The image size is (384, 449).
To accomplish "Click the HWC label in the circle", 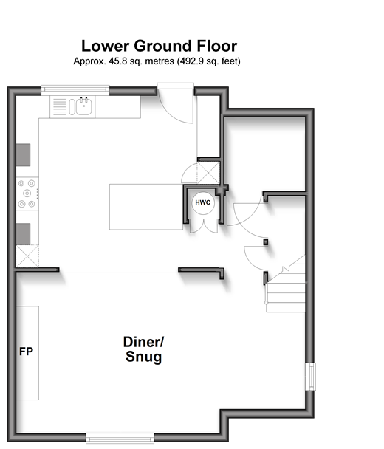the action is (203, 202).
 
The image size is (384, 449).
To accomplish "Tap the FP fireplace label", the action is (26, 352).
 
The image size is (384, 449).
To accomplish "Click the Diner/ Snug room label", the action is (143, 349).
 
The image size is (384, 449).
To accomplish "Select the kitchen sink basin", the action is (84, 106).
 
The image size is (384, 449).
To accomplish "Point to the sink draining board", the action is (60, 107).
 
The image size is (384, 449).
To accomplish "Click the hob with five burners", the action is (27, 193).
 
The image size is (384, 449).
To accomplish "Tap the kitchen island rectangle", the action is (146, 207).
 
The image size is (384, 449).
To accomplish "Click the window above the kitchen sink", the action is (75, 89).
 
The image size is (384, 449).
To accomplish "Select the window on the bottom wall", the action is (120, 438).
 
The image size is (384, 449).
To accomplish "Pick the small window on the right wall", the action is (310, 377).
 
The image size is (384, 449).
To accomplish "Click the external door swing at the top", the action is (176, 106).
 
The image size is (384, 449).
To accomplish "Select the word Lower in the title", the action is (105, 46).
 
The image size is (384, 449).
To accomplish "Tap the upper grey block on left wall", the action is (23, 155).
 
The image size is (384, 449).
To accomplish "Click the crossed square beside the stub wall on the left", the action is (27, 256).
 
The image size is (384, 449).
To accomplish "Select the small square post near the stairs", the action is (266, 242).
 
